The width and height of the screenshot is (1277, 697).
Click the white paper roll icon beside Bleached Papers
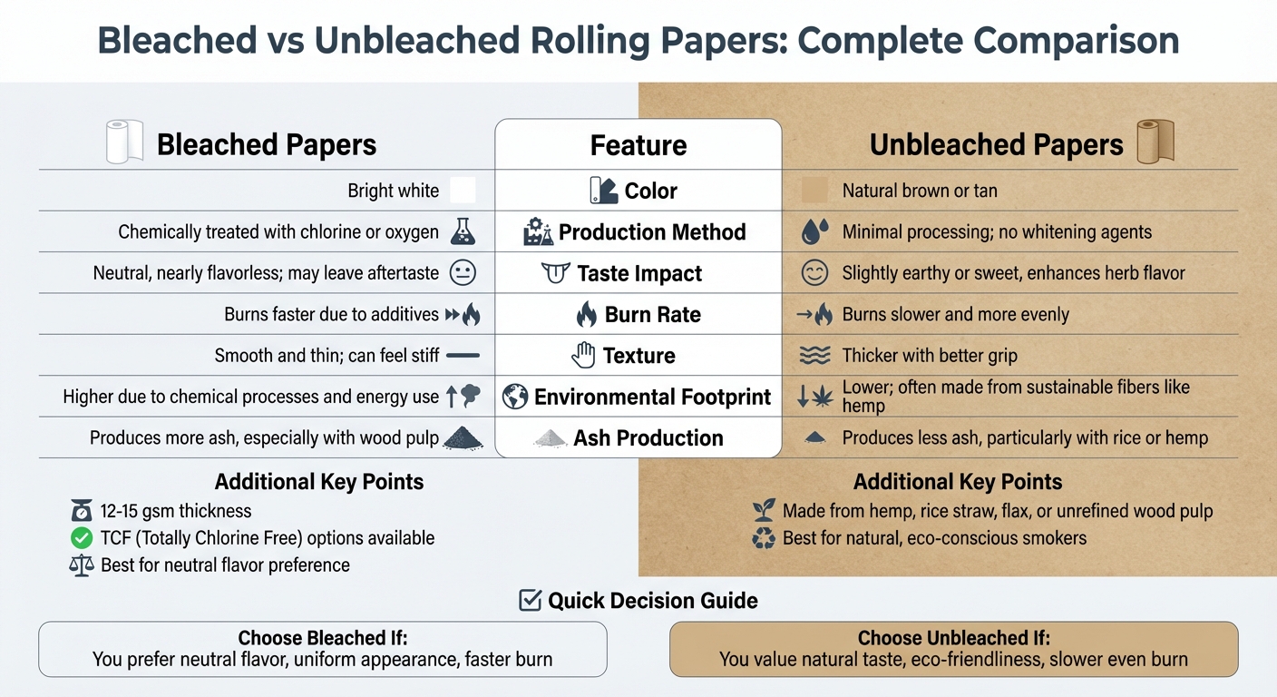pyautogui.click(x=123, y=143)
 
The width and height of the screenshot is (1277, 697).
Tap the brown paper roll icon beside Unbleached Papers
pyautogui.click(x=1155, y=142)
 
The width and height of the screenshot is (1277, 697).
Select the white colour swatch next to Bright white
pyautogui.click(x=463, y=191)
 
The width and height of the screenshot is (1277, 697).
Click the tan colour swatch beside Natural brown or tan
pyautogui.click(x=814, y=191)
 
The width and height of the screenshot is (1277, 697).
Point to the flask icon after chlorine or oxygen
pyautogui.click(x=463, y=232)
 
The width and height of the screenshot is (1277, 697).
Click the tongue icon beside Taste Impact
pyautogui.click(x=555, y=273)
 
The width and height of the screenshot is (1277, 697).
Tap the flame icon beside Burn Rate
pyautogui.click(x=587, y=315)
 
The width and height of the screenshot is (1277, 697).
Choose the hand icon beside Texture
pyautogui.click(x=583, y=356)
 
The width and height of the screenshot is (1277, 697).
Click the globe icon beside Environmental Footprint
pyautogui.click(x=515, y=397)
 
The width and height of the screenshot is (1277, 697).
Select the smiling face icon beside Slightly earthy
pyautogui.click(x=814, y=273)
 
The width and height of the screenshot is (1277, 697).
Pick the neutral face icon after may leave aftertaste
pyautogui.click(x=463, y=273)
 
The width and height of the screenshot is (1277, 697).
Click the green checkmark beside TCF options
pyautogui.click(x=82, y=538)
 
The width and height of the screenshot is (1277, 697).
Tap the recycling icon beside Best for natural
pyautogui.click(x=765, y=538)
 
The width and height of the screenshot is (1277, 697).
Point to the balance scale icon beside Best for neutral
pyautogui.click(x=82, y=565)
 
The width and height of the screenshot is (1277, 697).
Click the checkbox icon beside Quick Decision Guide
pyautogui.click(x=530, y=600)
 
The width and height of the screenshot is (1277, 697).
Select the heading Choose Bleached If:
pyautogui.click(x=322, y=638)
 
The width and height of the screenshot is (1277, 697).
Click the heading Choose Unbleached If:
pyautogui.click(x=953, y=638)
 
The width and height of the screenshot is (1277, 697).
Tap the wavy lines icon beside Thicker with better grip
pyautogui.click(x=814, y=356)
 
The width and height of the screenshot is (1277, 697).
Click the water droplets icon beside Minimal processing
pyautogui.click(x=814, y=232)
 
